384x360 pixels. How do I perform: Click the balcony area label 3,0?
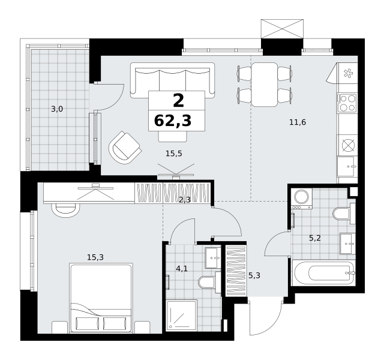[x=57, y=109]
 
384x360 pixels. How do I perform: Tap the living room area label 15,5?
[x=174, y=154]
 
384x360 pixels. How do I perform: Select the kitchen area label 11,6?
[x=298, y=122]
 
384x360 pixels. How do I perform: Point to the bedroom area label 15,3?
[x=95, y=257]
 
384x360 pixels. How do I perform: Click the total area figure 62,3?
[x=173, y=121]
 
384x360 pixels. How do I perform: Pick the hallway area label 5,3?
[x=254, y=276]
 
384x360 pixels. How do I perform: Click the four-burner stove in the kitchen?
[x=347, y=103]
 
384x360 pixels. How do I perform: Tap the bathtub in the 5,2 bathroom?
[x=324, y=273]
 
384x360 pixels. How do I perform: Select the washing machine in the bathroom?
[x=302, y=199]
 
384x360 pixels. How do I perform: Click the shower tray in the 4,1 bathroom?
[x=182, y=316]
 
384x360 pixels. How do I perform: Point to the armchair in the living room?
[x=125, y=148]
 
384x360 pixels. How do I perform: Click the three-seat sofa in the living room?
[x=172, y=80]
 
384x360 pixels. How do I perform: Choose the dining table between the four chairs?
[x=265, y=85]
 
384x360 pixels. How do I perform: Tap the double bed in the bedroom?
[x=101, y=298]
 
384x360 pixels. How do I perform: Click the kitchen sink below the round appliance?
[x=346, y=167]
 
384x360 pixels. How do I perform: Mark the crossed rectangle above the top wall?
[x=282, y=29]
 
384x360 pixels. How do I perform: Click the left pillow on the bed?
[x=88, y=323]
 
